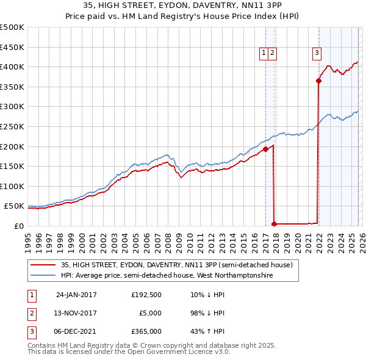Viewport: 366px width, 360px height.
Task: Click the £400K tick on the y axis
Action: (12, 67)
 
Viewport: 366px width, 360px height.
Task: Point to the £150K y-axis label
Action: (12, 166)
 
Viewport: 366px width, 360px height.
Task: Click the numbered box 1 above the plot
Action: (264, 53)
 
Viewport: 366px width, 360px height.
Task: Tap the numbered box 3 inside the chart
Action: (317, 53)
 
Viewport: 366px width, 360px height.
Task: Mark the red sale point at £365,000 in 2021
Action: (318, 81)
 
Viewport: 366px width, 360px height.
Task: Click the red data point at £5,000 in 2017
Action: (274, 224)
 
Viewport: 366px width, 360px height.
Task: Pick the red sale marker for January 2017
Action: (265, 149)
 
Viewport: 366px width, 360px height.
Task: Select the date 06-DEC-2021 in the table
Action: (76, 331)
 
